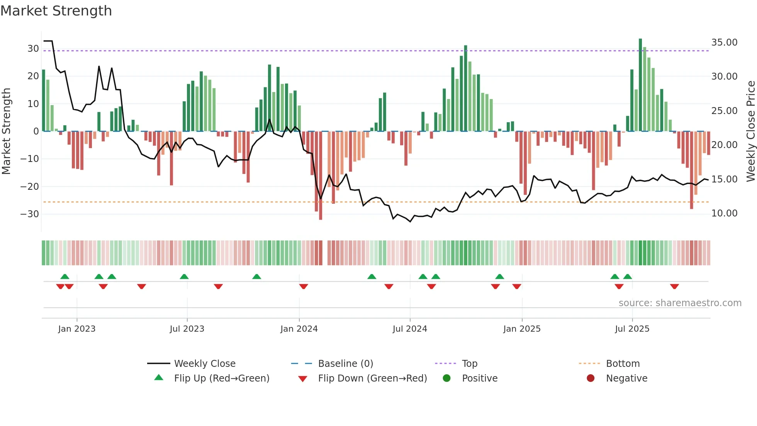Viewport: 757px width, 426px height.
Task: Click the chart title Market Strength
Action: tap(56, 11)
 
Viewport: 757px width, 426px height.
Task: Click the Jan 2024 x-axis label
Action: tap(299, 329)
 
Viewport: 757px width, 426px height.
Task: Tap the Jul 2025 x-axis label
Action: tap(632, 329)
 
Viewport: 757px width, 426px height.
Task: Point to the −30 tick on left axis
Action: tap(29, 214)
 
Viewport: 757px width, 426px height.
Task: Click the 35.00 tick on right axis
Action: tap(724, 43)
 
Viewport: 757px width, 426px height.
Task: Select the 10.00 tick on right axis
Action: tap(724, 213)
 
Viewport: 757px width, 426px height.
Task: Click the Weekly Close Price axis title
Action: tap(750, 131)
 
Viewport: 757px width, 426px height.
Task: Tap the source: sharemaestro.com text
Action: tap(680, 303)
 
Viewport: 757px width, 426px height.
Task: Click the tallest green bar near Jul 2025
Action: tap(640, 85)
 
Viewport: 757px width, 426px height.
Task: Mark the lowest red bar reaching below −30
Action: tap(321, 176)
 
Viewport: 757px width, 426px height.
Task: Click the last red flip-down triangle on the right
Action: tap(674, 286)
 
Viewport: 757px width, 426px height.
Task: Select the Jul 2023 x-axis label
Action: tap(187, 329)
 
